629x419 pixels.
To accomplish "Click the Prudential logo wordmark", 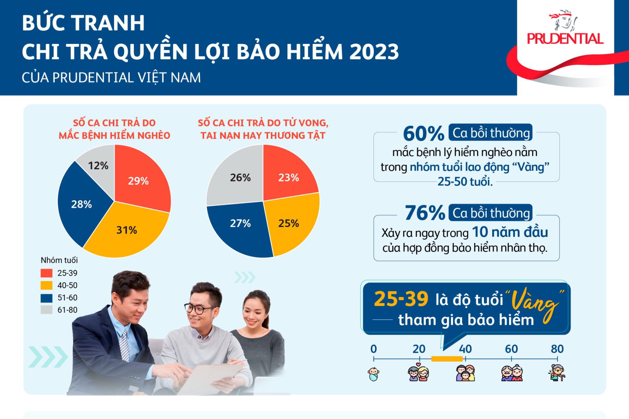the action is coord(565,39).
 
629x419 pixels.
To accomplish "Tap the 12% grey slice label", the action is coord(98,166).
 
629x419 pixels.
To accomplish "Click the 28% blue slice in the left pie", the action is coord(80,204).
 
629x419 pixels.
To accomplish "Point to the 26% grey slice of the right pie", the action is coord(239,177).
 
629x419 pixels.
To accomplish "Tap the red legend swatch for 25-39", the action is coord(46,273).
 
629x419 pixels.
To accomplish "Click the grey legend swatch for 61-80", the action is coord(46,310).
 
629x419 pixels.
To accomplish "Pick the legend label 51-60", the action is coord(67,298).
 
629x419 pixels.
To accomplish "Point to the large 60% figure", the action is coord(423,134).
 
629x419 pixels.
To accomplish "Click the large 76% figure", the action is coord(425,213).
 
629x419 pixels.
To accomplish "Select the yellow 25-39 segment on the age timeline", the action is coord(447,359).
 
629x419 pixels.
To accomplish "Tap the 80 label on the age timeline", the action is coord(557,349).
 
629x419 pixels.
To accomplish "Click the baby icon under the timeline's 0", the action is coord(373,374).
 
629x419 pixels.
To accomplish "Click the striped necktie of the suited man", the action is coord(124,344).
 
